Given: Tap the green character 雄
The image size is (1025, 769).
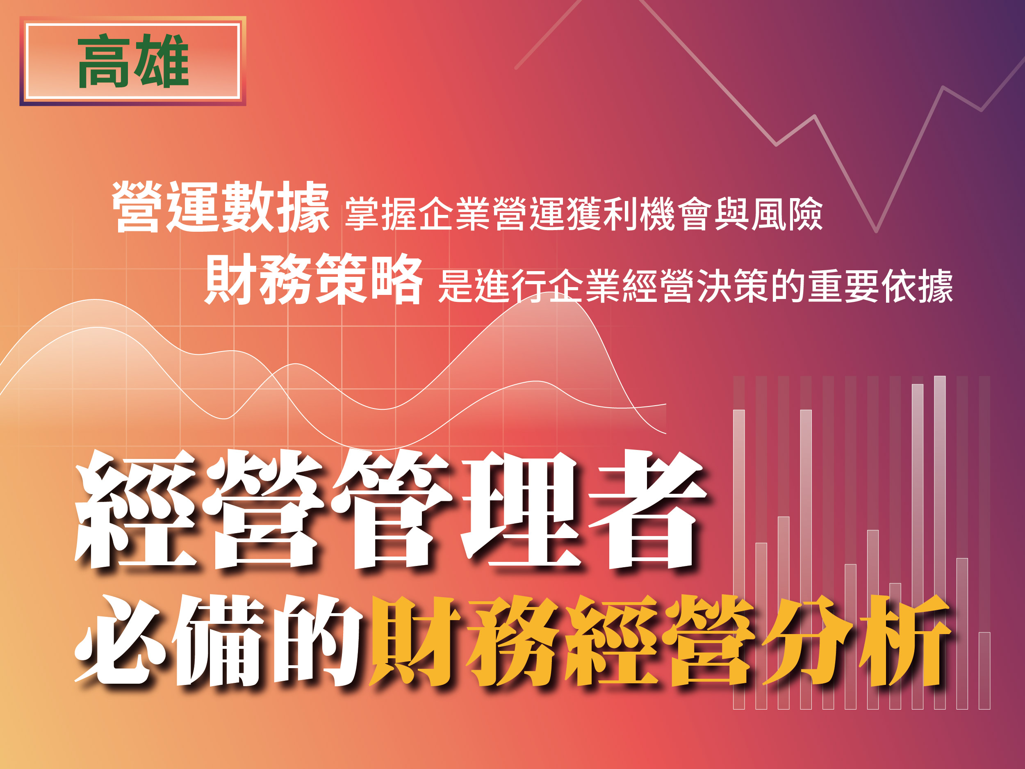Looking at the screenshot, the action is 161,61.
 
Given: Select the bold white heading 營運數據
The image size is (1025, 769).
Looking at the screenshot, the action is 221,207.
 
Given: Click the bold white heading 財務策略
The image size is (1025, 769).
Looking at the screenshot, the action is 314,278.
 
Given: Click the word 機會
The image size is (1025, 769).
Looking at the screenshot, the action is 676,214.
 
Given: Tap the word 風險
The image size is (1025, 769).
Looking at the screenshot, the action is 786,214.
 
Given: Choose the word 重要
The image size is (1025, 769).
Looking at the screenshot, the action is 843,286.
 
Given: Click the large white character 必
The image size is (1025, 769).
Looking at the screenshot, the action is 121,639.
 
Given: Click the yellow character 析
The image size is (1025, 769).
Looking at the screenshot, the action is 904,639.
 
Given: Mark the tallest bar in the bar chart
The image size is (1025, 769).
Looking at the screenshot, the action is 940,542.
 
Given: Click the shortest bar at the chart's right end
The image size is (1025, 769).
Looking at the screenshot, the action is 984,671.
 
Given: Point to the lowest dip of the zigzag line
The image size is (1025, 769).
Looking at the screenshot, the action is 876,230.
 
